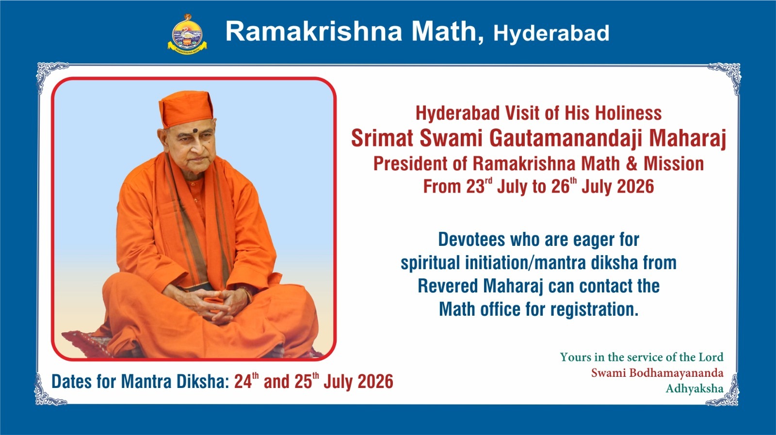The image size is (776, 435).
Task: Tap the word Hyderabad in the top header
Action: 551,33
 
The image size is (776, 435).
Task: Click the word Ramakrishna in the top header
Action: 314,31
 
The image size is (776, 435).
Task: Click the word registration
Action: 594,309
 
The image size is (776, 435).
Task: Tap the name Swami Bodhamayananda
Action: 657,372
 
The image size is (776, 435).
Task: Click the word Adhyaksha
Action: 695,388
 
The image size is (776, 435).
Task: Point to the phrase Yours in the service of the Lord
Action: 642,357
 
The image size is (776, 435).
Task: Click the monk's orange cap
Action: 186,109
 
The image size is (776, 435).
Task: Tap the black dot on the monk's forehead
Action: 195,131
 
